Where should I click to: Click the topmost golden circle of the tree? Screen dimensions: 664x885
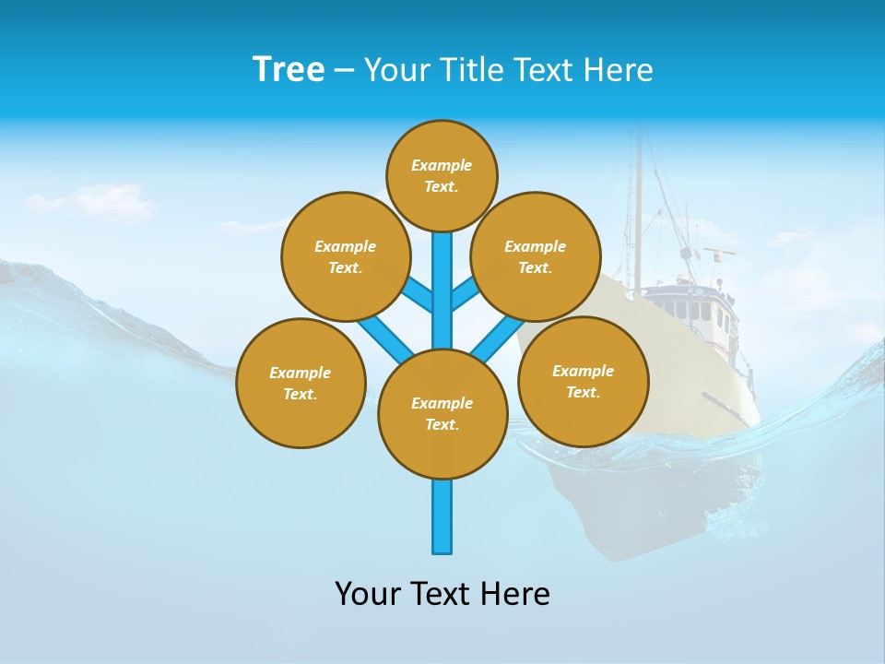(x=442, y=175)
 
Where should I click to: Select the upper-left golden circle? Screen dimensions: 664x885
(x=345, y=256)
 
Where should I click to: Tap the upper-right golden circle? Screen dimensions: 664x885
(x=536, y=256)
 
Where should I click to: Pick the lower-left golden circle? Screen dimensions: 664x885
(x=301, y=383)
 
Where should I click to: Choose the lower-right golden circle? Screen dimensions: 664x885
(x=583, y=381)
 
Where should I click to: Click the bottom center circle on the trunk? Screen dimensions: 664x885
(x=442, y=414)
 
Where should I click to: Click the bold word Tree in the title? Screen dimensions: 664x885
(x=289, y=69)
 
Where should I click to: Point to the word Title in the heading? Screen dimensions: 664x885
(x=469, y=70)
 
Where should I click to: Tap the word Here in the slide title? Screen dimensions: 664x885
(x=618, y=70)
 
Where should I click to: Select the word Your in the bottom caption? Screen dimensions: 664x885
(x=367, y=593)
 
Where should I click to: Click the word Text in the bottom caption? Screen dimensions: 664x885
(x=437, y=593)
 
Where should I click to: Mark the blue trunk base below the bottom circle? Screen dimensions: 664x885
(x=442, y=516)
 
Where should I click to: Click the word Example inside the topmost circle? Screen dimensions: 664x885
(x=442, y=165)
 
